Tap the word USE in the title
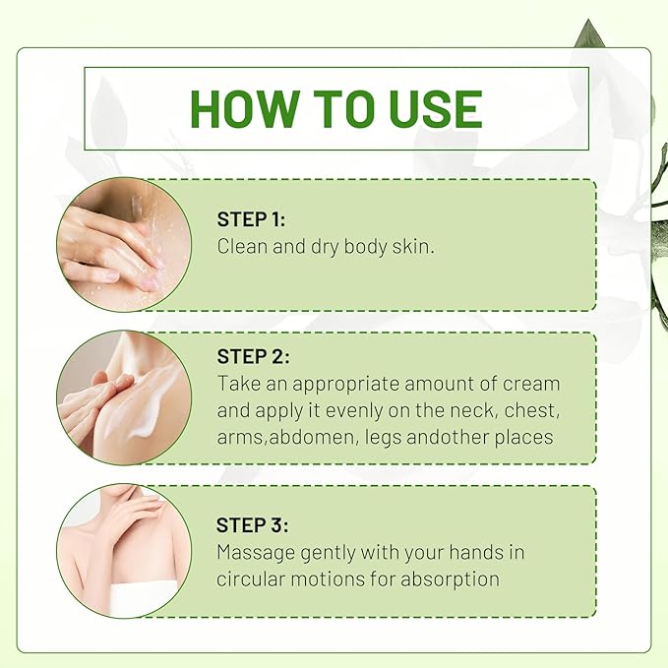point(436,108)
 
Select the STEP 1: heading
point(251,219)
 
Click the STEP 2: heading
point(253,356)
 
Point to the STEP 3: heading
point(252,525)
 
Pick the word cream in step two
point(531,384)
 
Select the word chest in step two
point(531,410)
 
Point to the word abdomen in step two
point(313,438)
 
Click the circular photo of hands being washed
point(124,245)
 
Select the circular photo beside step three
point(124,550)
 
